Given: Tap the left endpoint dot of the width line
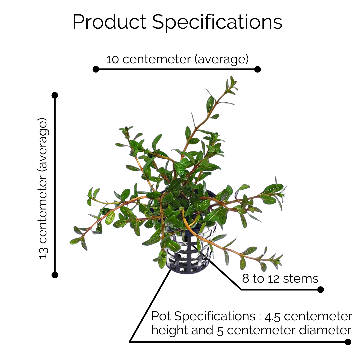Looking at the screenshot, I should (96, 69).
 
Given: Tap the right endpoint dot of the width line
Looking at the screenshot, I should (257, 69).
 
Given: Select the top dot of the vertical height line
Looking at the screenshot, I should (55, 95).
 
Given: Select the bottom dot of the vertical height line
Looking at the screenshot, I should (55, 275).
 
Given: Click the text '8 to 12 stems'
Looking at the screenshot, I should (280, 278).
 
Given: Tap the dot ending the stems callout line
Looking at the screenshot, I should (321, 290).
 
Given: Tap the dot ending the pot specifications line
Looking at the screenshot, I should (348, 342).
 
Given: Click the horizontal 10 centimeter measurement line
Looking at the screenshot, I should (177, 69).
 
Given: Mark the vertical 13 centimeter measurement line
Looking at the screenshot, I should (55, 185).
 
